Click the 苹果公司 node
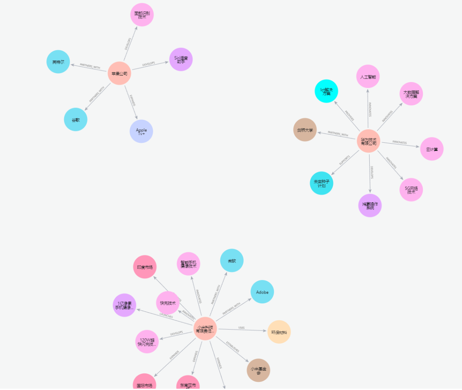point(119,73)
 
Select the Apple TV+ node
point(141,131)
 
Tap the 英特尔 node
point(58,62)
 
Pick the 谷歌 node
point(76,119)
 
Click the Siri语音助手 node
point(181,59)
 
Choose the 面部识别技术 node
point(142,15)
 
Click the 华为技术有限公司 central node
point(368,141)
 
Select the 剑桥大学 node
point(305,130)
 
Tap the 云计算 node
point(432,149)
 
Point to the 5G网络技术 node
point(411,189)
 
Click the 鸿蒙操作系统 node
point(370,206)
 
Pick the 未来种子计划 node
point(321,183)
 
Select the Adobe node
point(262,292)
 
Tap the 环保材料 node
point(279,332)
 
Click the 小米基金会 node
point(258,370)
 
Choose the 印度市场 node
point(145,267)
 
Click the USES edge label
point(241,328)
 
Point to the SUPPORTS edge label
point(344,160)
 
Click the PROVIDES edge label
point(349,116)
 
